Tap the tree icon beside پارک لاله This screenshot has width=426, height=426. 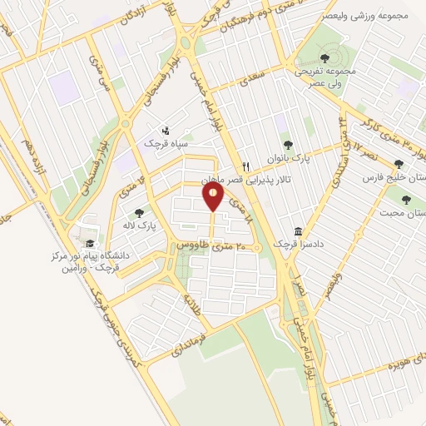[139, 213]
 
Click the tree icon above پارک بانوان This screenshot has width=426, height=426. [288, 145]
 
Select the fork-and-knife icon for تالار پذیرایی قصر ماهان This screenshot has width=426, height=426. [245, 166]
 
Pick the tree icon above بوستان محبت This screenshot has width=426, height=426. [406, 200]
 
